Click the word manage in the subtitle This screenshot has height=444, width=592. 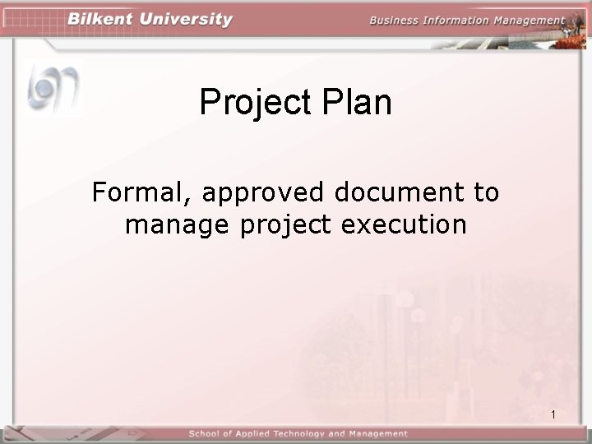click(178, 224)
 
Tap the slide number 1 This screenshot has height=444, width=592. click(554, 414)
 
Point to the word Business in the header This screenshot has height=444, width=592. click(394, 21)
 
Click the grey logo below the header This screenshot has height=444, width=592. click(53, 87)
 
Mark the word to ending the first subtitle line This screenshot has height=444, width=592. click(487, 193)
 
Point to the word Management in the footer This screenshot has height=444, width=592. click(377, 433)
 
